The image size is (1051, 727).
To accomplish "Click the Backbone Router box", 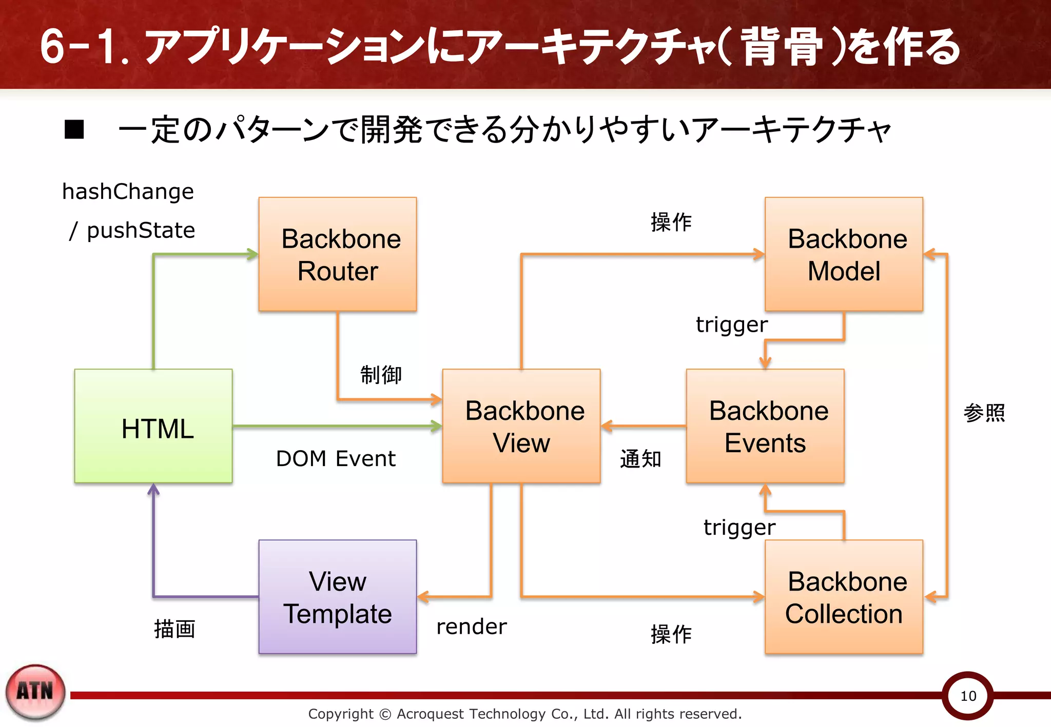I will pyautogui.click(x=338, y=254).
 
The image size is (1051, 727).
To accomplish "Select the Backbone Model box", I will pyautogui.click(x=844, y=254).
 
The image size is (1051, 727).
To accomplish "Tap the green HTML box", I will pyautogui.click(x=153, y=426).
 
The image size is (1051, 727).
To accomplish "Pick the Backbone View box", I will pyautogui.click(x=521, y=426).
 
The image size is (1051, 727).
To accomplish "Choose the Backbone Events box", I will pyautogui.click(x=765, y=426).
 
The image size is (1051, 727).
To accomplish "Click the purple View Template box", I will pyautogui.click(x=338, y=597).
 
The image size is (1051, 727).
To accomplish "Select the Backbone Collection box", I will pyautogui.click(x=844, y=597).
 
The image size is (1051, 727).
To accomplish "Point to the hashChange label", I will pyautogui.click(x=128, y=192).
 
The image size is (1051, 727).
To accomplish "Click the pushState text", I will pyautogui.click(x=141, y=230).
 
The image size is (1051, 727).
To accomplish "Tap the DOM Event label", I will pyautogui.click(x=336, y=458).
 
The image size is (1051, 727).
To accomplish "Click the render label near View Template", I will pyautogui.click(x=471, y=627).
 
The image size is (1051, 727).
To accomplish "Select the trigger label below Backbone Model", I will pyautogui.click(x=731, y=325).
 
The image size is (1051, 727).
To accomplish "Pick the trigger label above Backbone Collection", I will pyautogui.click(x=739, y=527).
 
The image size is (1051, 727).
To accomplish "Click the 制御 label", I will pyautogui.click(x=381, y=375).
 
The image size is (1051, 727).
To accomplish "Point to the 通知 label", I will pyautogui.click(x=640, y=459).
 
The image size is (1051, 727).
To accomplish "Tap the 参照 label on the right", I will pyautogui.click(x=984, y=413).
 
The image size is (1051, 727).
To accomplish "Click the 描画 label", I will pyautogui.click(x=174, y=629).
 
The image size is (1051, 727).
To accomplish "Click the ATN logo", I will pyautogui.click(x=35, y=692).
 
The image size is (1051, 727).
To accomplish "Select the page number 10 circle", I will pyautogui.click(x=968, y=696).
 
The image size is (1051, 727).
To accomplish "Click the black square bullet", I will pyautogui.click(x=74, y=129).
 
